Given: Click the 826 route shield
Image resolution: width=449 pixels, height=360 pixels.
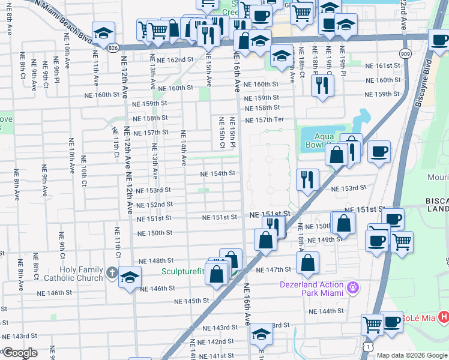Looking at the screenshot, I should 113,47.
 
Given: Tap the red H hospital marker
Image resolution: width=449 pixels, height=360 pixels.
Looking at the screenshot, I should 443,316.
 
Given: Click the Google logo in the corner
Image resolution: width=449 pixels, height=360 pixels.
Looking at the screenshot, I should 20,353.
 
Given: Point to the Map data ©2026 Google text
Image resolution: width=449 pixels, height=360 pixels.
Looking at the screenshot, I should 412,355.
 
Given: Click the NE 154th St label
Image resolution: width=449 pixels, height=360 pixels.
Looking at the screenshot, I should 217,173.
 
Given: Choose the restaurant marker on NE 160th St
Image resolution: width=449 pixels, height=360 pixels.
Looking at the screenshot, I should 322,85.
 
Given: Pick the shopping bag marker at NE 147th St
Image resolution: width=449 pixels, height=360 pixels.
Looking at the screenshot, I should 307,262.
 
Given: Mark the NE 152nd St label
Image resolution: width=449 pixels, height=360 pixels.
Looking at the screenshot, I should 155,205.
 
